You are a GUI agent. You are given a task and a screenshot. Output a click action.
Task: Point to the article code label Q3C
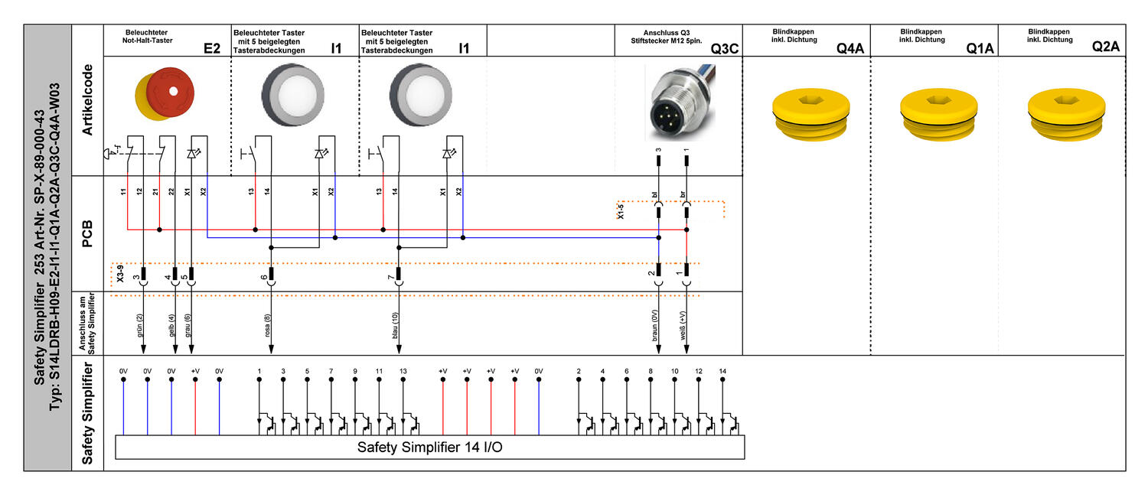point(724,48)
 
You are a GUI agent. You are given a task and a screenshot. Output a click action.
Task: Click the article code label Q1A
point(980,48)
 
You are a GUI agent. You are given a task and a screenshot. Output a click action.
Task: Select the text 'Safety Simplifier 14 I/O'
point(429,447)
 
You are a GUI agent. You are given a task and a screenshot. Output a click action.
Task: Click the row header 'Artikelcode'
point(87,99)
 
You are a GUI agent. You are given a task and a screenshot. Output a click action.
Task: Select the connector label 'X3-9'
point(119,275)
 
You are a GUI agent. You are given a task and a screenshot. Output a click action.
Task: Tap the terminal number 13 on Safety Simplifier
point(403,370)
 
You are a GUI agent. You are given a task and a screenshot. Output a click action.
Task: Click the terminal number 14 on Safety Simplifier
point(722,370)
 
